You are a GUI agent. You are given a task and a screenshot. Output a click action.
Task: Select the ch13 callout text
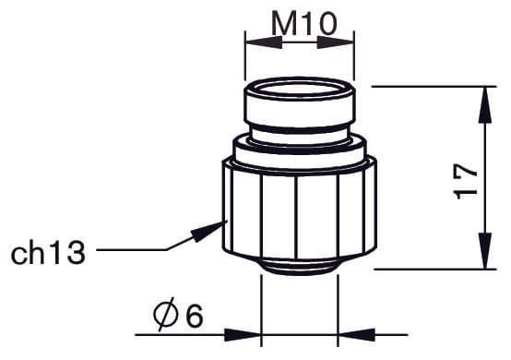pos(48,250)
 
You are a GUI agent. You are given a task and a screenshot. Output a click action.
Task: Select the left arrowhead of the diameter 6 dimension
pos(249,332)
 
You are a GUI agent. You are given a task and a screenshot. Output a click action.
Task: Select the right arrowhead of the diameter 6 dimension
pos(354,332)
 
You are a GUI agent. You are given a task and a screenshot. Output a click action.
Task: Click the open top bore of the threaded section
pos(299,90)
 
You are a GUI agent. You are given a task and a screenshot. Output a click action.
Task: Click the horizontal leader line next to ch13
pos(129,250)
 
